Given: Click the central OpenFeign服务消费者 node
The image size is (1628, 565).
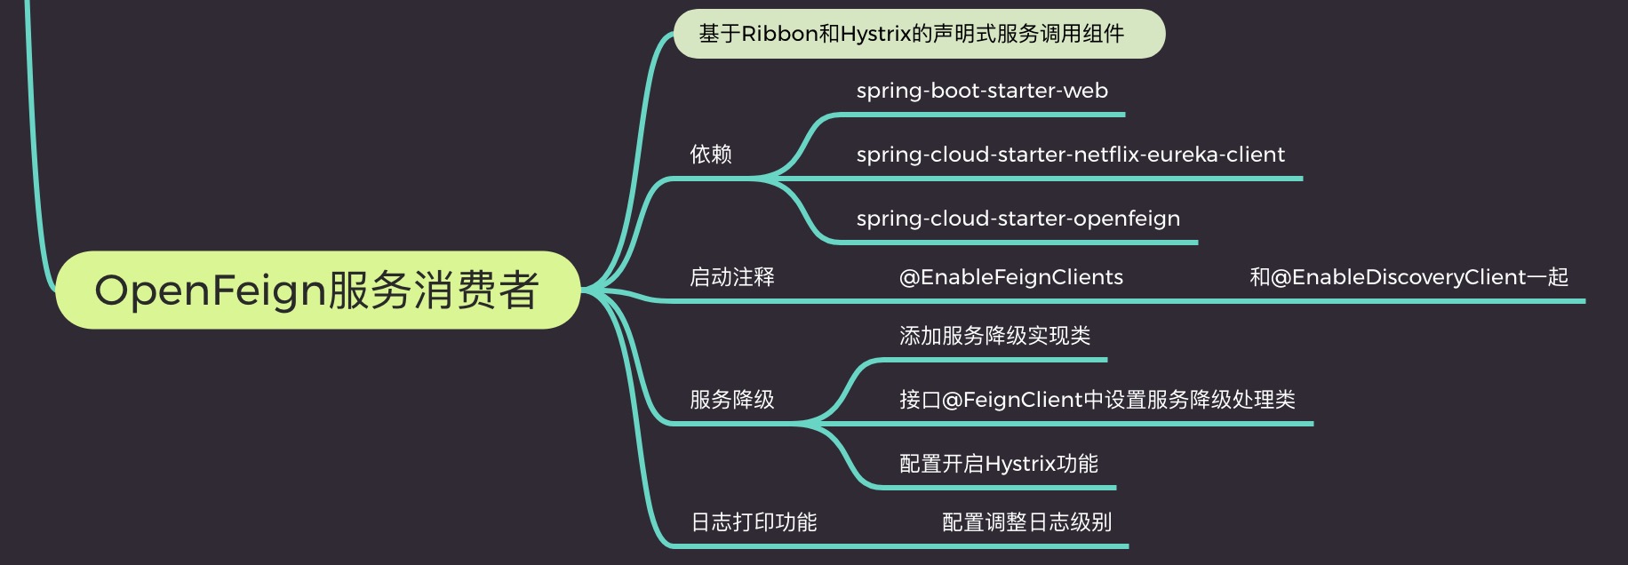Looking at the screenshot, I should point(317,290).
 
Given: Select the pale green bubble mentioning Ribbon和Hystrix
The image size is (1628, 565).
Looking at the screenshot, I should point(919,34).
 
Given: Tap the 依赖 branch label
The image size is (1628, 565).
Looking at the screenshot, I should point(711,155).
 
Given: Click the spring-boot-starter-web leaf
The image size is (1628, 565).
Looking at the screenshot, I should point(982,91).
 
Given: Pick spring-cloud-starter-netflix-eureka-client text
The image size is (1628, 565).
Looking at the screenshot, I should point(1070,155).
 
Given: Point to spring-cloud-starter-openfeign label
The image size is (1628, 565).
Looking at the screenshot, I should point(1018,219).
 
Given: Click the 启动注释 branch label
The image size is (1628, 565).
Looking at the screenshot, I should point(732,277).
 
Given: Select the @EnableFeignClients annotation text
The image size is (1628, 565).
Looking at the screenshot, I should point(1011,277).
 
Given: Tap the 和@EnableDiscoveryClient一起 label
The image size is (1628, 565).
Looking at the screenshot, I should point(1409,277).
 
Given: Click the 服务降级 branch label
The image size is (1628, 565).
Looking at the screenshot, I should point(732,400).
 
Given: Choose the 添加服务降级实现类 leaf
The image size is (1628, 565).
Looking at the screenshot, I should point(994,336).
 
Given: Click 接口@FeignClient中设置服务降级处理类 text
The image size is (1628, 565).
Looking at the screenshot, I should point(1097,400).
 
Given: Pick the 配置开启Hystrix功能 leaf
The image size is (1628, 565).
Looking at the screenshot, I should point(999,464).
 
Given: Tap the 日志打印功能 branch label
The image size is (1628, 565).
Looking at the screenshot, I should point(754,522).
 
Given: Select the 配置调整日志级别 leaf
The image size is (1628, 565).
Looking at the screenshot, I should point(1026,522).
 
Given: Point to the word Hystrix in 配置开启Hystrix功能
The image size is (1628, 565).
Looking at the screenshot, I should point(1022,464).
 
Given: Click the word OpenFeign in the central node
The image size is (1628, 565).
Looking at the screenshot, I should point(210,290).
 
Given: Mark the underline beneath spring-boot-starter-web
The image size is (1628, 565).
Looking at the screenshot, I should point(978,115).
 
